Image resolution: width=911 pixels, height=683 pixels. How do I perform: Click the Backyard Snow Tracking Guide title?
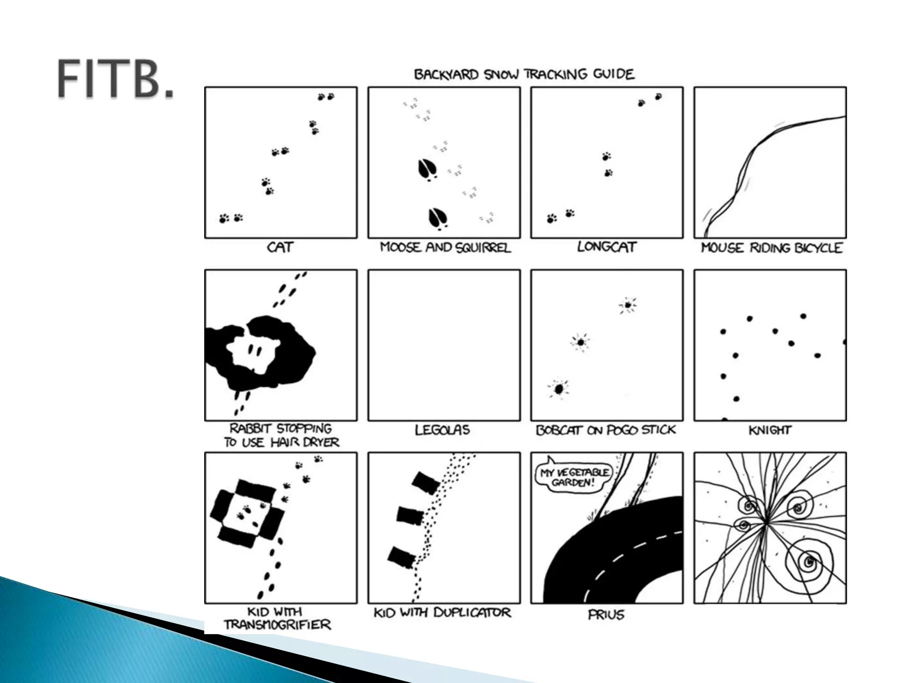(x=524, y=74)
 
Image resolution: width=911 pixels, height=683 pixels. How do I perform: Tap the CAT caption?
(x=280, y=247)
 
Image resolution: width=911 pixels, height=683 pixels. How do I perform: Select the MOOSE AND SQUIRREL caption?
(x=445, y=248)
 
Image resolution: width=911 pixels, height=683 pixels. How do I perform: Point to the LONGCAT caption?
(x=607, y=247)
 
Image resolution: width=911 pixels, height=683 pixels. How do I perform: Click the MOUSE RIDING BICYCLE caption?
(x=771, y=248)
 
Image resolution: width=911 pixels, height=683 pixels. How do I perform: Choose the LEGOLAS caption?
(x=442, y=430)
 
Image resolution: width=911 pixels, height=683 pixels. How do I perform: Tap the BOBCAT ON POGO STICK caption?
(x=606, y=430)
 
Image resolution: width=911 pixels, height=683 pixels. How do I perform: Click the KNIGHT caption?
(x=770, y=430)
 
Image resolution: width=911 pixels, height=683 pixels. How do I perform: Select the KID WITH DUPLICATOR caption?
(x=442, y=613)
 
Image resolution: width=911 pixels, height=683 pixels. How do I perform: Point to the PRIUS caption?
(x=606, y=615)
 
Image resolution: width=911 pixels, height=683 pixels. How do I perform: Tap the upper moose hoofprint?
(x=427, y=169)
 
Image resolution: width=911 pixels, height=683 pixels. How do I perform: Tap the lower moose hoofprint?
(x=438, y=218)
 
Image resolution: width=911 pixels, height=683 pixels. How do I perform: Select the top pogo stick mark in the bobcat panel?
(x=628, y=305)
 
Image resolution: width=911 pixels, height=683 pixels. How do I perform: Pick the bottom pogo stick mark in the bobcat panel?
(x=559, y=389)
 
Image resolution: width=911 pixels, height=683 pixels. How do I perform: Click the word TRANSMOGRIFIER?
(x=277, y=625)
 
